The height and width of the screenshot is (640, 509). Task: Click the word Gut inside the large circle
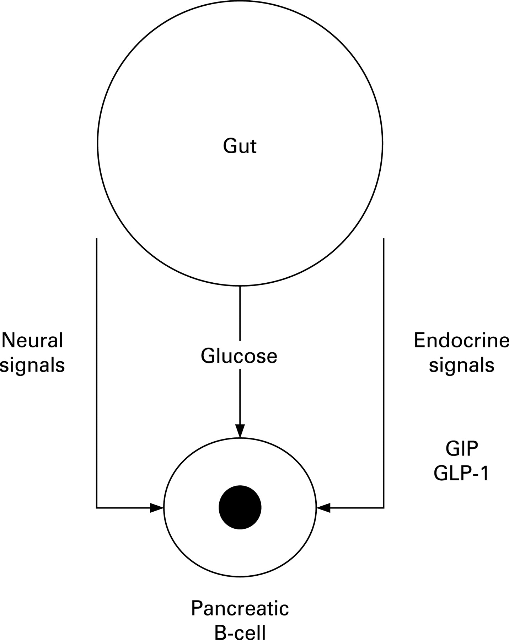[240, 146]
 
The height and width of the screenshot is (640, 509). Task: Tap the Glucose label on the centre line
[239, 356]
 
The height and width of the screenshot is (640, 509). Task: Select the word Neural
[33, 340]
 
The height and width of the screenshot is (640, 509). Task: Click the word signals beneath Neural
[33, 365]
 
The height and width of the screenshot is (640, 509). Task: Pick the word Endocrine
[461, 341]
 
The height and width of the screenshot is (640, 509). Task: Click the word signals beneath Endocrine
[461, 365]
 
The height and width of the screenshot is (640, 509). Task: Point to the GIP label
[462, 449]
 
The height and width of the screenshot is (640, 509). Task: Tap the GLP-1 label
[461, 473]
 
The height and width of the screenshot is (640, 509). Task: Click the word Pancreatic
[240, 608]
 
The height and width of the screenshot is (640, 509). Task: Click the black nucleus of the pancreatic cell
[240, 508]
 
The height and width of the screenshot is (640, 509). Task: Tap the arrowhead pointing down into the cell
[240, 431]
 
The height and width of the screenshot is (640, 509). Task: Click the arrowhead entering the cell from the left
[156, 508]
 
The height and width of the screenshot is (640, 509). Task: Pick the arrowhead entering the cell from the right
[323, 508]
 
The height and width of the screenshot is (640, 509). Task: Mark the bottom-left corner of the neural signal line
[97, 508]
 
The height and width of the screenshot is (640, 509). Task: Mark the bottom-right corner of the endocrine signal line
[384, 508]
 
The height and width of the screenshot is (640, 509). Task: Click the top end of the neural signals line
[97, 239]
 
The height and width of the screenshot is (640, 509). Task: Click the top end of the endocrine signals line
[384, 239]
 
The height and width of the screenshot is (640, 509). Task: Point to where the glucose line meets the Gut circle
[240, 286]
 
